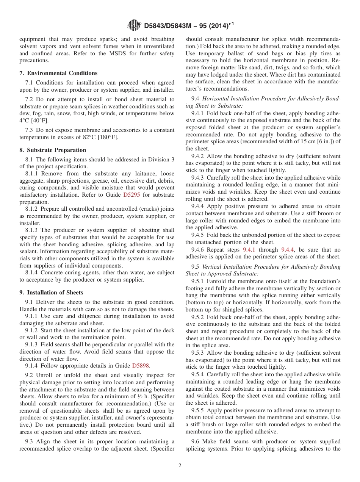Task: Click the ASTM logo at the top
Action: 134,25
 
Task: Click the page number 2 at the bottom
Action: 180,466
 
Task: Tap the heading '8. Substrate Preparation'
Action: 53,150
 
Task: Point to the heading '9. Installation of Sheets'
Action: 51,293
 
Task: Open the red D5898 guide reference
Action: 141,366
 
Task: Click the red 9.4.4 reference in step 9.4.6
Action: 288,250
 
